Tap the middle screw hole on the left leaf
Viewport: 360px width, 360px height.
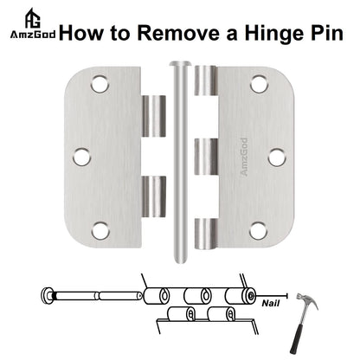(x=82, y=157)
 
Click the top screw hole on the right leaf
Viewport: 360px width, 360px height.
(x=257, y=85)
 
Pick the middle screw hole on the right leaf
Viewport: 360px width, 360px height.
(x=275, y=157)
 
